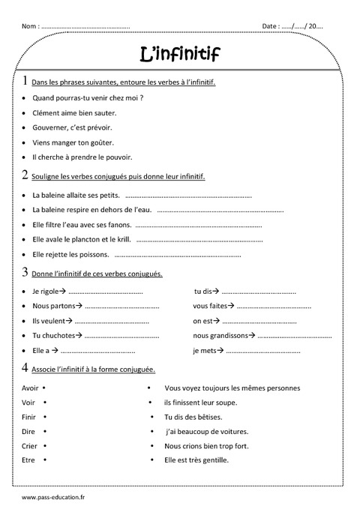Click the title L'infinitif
point(180,53)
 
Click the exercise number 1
point(25,81)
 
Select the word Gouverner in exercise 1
point(49,127)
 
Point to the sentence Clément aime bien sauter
point(74,112)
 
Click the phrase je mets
point(205,350)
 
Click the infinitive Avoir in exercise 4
point(30,388)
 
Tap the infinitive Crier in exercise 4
point(29,445)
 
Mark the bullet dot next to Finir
point(45,417)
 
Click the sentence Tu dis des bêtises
point(193,417)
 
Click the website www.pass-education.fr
point(54,496)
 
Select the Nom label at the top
point(30,26)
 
